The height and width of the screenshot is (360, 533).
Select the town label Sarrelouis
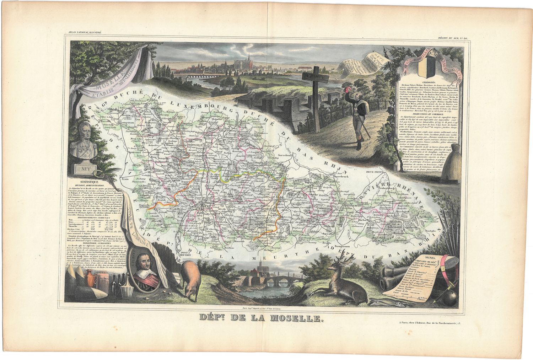click(x=286, y=155)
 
